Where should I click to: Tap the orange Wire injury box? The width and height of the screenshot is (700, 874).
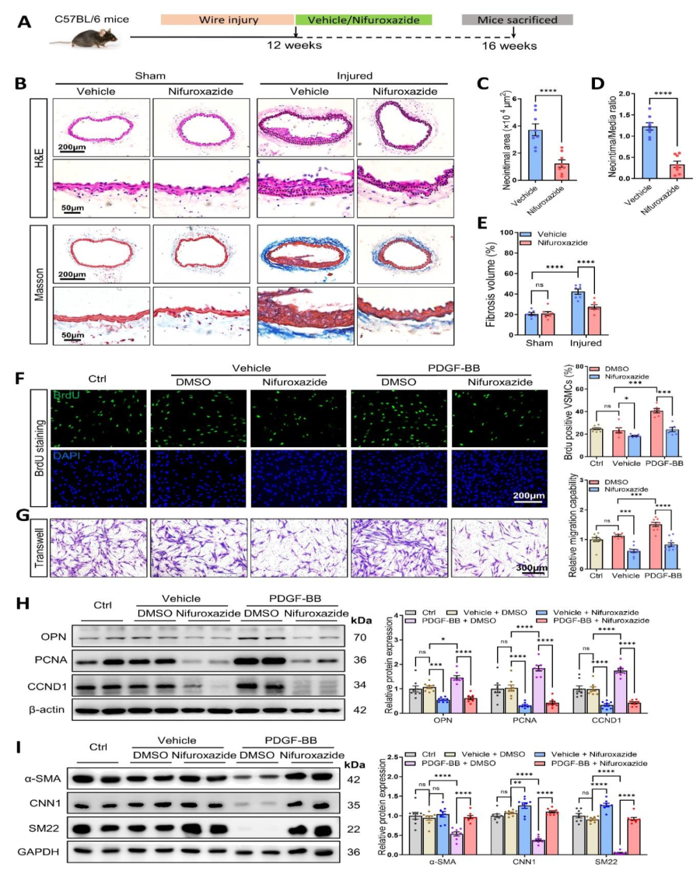(x=228, y=20)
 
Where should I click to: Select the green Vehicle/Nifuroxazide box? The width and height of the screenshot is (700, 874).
(x=363, y=20)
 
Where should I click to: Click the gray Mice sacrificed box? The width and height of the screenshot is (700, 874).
(x=517, y=20)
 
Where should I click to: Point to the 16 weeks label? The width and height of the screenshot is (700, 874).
(x=509, y=46)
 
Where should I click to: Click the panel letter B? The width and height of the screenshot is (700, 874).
(x=21, y=84)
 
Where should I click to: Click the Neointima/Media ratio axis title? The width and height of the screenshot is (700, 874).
(x=612, y=137)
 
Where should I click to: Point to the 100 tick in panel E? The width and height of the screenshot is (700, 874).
(x=506, y=232)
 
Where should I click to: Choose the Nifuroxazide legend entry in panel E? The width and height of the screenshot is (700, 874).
(x=561, y=243)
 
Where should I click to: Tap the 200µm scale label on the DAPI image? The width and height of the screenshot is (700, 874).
(x=528, y=496)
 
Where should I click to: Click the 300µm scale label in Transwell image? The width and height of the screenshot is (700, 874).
(x=531, y=568)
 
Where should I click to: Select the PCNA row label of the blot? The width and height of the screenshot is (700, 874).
(x=51, y=660)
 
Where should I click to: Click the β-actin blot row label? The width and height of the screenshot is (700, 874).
(x=47, y=709)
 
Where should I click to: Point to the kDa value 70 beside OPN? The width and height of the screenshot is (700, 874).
(x=360, y=638)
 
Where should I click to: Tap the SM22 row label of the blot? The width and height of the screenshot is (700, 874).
(x=44, y=828)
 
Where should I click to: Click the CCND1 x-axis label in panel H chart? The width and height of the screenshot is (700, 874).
(x=606, y=720)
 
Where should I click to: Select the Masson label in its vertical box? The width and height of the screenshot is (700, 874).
(x=39, y=284)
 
